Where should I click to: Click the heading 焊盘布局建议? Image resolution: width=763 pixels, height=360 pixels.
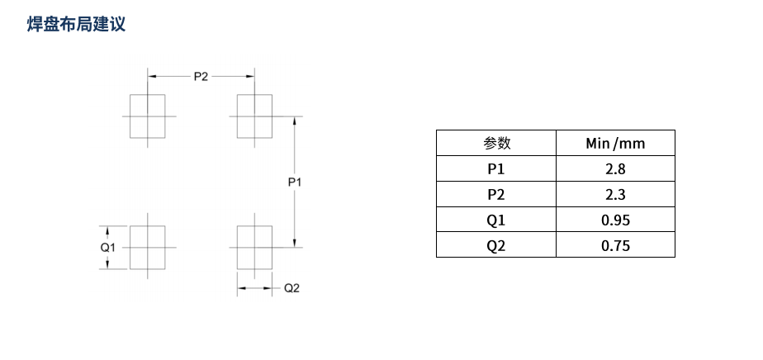click(76, 24)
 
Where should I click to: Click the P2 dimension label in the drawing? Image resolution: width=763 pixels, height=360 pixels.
click(201, 76)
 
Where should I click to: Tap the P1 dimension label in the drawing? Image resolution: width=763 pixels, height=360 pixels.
click(295, 182)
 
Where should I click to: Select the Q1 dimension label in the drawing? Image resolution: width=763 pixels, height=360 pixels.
click(107, 247)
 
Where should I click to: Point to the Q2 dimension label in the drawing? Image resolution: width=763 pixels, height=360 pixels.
click(291, 288)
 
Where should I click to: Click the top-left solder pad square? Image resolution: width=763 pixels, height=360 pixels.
click(148, 116)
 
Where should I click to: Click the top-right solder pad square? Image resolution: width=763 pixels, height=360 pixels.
click(254, 116)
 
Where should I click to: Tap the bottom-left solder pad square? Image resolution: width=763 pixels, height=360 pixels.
click(148, 247)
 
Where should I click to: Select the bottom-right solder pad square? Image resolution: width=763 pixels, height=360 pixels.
click(254, 247)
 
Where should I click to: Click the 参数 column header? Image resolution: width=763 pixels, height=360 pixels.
click(496, 144)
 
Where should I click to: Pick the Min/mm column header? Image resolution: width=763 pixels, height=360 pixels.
click(615, 144)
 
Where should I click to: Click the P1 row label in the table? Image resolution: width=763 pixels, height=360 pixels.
click(496, 169)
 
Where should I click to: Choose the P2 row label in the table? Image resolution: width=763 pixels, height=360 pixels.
click(496, 195)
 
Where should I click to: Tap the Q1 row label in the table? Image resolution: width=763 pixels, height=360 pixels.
click(496, 220)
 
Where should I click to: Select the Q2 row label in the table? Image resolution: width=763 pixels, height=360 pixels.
click(496, 245)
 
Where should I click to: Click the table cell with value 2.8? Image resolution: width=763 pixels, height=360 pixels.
click(615, 169)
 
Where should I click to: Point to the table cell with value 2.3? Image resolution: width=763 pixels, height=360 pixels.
click(615, 195)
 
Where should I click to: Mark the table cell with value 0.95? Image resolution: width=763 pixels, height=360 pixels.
click(615, 220)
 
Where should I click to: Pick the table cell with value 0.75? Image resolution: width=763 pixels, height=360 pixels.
click(615, 245)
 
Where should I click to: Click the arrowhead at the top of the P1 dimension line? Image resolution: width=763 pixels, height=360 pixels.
click(295, 121)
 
